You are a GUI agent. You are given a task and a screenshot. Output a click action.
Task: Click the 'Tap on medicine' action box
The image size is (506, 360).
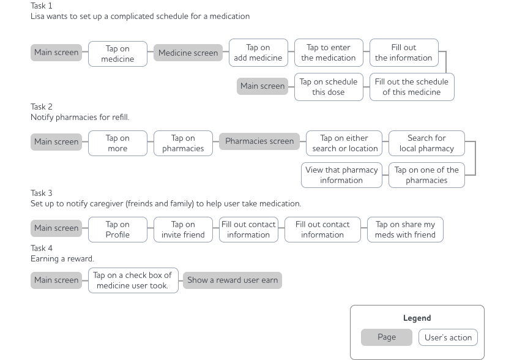[x=117, y=53]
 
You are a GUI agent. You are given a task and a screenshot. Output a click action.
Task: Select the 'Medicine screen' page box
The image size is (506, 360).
[x=188, y=53]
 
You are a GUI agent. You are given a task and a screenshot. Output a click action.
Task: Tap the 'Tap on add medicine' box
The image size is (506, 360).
[x=258, y=53]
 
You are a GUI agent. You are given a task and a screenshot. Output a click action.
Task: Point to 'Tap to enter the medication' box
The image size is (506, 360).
[x=329, y=53]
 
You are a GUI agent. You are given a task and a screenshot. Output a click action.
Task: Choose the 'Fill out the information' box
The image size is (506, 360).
[x=403, y=53]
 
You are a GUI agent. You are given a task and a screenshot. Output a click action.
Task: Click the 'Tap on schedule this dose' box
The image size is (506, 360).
[x=328, y=87]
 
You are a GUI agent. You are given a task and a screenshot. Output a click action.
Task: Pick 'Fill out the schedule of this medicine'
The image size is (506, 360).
[x=411, y=87]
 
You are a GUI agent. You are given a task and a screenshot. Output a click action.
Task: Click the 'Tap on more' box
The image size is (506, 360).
[x=117, y=143]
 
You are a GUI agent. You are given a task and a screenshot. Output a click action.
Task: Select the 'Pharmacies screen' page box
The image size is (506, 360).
[x=259, y=141]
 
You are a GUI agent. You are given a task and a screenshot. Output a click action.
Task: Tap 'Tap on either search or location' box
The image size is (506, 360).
[x=344, y=143]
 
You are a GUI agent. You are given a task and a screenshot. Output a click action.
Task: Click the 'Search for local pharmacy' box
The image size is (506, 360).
[x=426, y=143]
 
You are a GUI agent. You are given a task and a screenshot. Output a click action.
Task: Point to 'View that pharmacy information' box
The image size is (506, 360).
[x=341, y=175]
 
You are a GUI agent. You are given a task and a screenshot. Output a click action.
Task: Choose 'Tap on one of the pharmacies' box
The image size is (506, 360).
[x=426, y=175]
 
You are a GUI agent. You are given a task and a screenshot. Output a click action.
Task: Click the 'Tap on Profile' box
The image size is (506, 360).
[x=117, y=229]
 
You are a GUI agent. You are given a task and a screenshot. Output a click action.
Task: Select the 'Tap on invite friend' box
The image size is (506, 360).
[x=182, y=229]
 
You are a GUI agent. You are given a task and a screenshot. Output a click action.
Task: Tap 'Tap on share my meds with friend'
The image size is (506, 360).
[x=405, y=229]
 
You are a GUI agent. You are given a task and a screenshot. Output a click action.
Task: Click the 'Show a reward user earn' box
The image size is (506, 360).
[x=233, y=280]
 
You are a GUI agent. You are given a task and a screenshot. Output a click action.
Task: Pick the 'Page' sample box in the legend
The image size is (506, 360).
[x=386, y=337]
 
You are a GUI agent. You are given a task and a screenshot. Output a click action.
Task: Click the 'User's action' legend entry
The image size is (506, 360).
[x=448, y=337]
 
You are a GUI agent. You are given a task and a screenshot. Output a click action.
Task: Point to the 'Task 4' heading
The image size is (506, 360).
[x=42, y=249]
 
